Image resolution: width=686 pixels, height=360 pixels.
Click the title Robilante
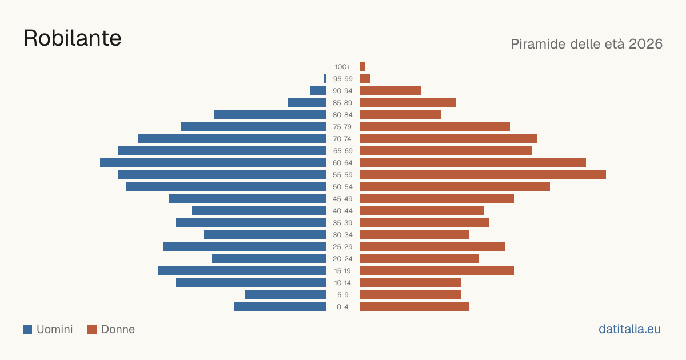[73, 38]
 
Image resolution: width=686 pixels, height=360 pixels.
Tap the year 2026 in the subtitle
[645, 44]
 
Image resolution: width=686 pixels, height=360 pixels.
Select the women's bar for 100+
[362, 66]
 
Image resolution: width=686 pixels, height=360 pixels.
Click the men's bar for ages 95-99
[325, 79]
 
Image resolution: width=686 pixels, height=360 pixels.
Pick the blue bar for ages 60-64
[213, 162]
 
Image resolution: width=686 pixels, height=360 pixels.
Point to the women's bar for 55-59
[483, 174]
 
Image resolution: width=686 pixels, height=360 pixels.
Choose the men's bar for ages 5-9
[285, 294]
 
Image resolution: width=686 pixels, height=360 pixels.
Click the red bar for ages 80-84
[401, 114]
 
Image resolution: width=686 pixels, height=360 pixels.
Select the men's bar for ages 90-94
[318, 91]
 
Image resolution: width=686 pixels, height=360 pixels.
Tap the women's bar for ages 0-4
[414, 306]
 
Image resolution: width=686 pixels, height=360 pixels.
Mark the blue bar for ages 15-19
[242, 271]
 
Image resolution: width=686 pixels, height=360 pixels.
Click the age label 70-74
[342, 139]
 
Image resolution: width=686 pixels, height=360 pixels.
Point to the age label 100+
[342, 67]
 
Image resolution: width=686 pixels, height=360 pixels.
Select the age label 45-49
[342, 199]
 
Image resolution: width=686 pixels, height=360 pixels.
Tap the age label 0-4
[342, 307]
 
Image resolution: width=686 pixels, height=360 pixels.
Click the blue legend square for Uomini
[27, 329]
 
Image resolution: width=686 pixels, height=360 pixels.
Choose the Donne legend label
[118, 329]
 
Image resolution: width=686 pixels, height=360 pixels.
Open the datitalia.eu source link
[629, 329]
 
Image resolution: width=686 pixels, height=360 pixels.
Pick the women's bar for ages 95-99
[365, 79]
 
